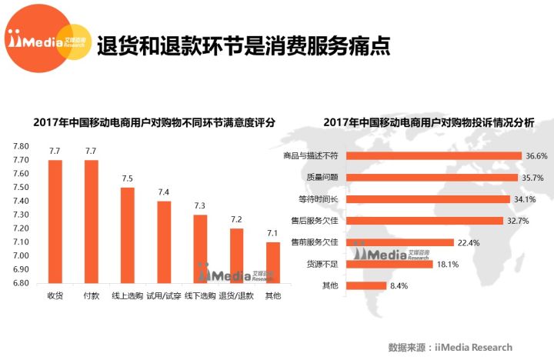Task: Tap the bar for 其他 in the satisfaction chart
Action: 273,262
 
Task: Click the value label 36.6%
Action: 536,155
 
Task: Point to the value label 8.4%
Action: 398,286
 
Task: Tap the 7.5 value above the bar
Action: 128,178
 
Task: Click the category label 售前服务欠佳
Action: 314,242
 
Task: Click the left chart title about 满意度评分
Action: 154,122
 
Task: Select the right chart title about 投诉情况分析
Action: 428,122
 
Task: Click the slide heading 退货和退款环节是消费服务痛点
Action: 243,45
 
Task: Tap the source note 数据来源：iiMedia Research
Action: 450,347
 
